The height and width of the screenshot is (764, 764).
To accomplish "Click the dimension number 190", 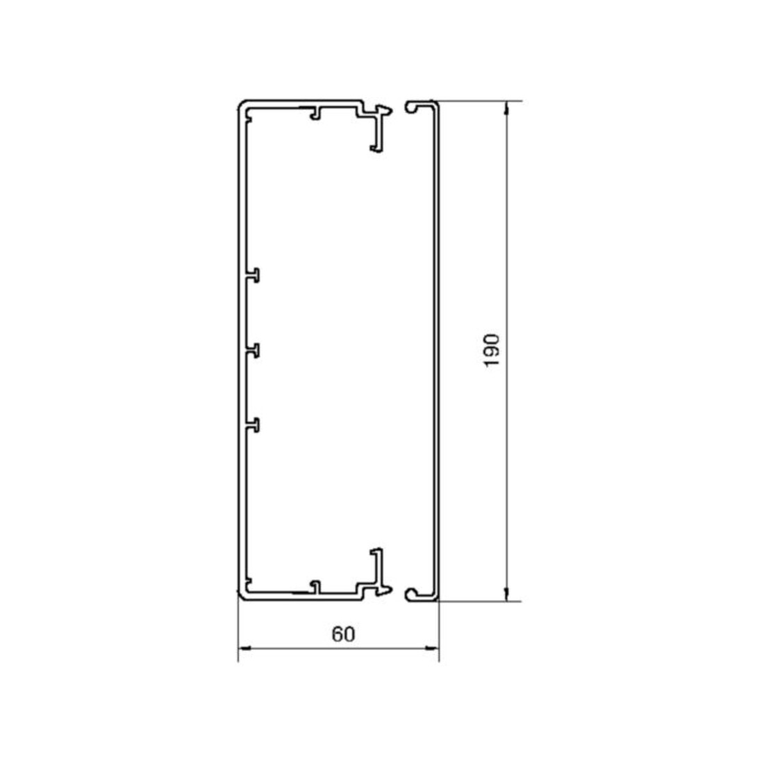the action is coord(492,350).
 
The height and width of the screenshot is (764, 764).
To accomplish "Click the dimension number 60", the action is coord(344,634).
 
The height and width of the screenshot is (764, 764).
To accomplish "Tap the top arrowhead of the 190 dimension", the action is coord(507,108).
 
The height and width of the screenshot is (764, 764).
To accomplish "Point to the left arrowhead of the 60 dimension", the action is coord(244,648).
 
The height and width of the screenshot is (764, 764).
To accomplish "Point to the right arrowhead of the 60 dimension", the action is coord(432,648).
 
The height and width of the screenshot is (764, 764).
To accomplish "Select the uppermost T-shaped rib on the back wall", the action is coord(253,275).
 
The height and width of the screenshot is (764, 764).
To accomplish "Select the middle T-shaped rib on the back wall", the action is coord(253,351).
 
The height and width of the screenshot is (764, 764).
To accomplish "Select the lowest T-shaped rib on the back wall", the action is coord(253,425).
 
